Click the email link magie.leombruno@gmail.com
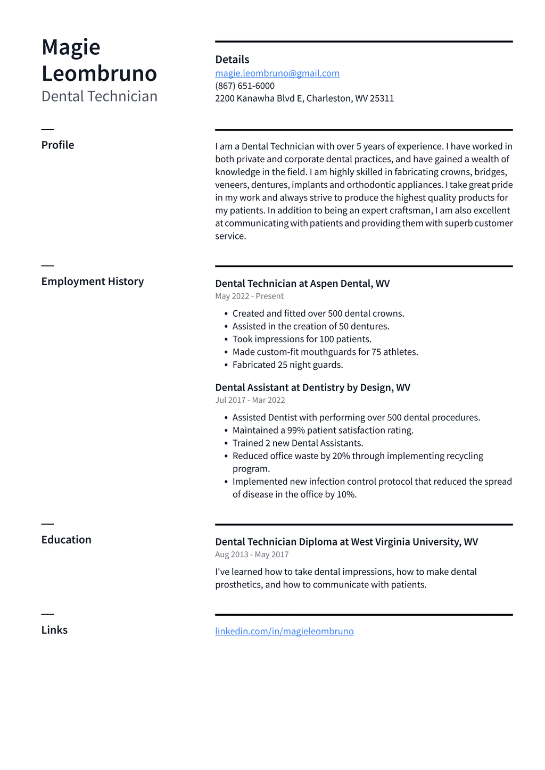point(277,73)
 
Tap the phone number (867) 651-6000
point(245,86)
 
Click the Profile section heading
point(58,145)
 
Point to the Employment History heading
point(93,281)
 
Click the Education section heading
point(67,540)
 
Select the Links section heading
point(54,630)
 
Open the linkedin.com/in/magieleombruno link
point(284,631)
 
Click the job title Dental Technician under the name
point(100,96)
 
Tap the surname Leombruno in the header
point(100,73)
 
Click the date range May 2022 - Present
point(249,296)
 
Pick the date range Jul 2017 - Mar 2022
point(250,400)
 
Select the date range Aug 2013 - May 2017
point(252,554)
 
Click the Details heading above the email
point(232,60)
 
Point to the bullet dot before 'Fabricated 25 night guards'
point(226,365)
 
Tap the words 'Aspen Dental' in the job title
point(341,284)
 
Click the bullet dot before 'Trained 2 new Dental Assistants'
point(226,443)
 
